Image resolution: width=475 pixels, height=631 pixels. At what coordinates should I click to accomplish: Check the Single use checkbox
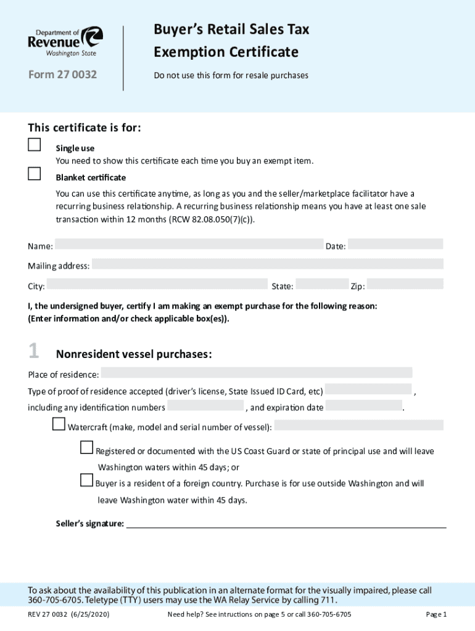(x=35, y=145)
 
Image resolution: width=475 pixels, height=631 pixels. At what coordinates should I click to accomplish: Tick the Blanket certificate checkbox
(x=35, y=174)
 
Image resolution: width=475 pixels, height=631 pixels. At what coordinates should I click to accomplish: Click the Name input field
(x=189, y=245)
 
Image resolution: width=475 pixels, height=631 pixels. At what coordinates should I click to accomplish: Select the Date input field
(x=395, y=245)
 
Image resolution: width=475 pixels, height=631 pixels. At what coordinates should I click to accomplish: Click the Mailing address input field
(x=267, y=264)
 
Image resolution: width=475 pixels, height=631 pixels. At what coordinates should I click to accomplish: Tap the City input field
(x=157, y=284)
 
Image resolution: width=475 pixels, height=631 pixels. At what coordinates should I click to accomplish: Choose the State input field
(x=322, y=284)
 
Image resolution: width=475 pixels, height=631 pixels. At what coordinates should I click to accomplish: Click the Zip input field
(x=405, y=284)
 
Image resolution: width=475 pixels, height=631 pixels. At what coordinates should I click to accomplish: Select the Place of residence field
(x=256, y=373)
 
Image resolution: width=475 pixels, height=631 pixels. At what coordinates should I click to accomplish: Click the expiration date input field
(x=363, y=406)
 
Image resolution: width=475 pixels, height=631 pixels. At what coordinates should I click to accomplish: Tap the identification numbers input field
(x=206, y=406)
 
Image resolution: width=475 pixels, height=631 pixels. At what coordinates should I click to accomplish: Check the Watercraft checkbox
(x=59, y=424)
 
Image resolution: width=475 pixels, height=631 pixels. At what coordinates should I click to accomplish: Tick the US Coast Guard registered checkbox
(x=87, y=448)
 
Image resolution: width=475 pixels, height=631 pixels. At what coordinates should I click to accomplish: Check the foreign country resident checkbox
(x=87, y=480)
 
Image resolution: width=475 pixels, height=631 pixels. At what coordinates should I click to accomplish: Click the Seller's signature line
(x=286, y=525)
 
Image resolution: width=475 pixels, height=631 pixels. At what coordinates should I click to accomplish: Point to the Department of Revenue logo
(x=65, y=42)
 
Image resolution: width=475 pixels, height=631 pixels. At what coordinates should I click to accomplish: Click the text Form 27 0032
(x=62, y=76)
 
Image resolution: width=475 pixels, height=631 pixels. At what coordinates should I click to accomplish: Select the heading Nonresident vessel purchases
(x=134, y=354)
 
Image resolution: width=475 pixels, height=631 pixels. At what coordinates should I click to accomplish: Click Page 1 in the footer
(x=436, y=614)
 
